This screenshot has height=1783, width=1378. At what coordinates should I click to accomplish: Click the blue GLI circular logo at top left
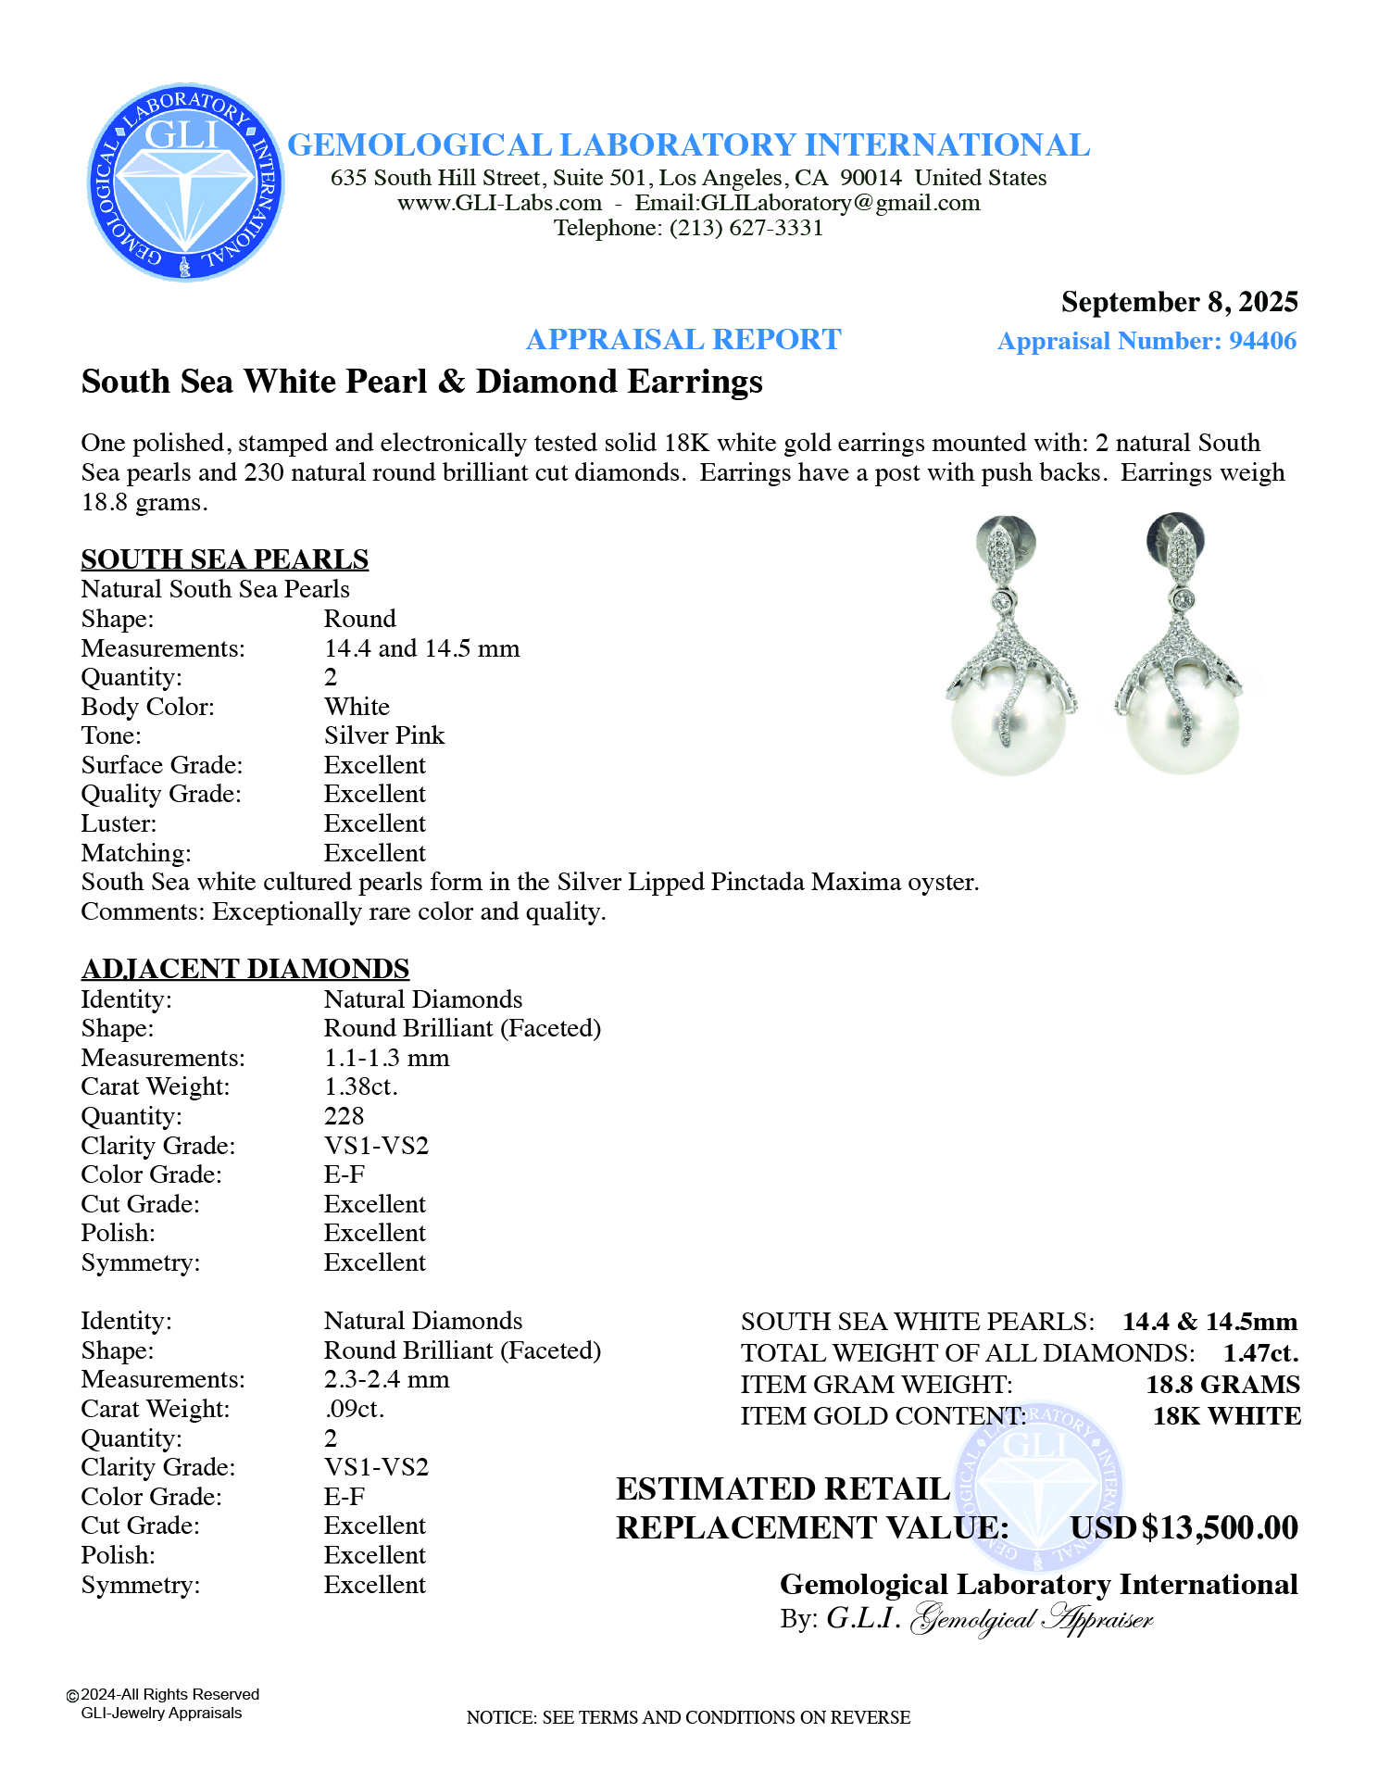186,182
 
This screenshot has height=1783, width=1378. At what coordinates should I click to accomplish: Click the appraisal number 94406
1262,341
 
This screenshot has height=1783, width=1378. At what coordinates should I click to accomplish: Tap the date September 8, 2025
1179,302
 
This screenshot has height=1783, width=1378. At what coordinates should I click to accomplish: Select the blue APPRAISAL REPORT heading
683,340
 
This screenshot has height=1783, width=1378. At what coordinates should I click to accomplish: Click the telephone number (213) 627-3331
746,228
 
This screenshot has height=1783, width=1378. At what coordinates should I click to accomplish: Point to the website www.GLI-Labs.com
499,203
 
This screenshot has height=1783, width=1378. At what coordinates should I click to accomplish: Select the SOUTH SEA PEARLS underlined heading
225,559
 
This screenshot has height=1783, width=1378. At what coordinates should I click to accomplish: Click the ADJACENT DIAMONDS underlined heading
245,969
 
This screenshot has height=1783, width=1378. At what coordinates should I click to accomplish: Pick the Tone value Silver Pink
384,735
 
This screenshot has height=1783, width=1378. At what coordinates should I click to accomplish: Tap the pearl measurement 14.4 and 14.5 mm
421,648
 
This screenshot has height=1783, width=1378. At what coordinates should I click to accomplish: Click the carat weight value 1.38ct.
360,1086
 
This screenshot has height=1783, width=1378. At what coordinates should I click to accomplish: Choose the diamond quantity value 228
344,1116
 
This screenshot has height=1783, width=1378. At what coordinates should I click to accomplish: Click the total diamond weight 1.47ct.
1260,1353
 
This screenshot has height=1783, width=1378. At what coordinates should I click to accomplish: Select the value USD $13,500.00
1184,1527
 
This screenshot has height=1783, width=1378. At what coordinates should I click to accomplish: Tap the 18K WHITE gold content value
1226,1416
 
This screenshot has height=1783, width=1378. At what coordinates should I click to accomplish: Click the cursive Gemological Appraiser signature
1032,1619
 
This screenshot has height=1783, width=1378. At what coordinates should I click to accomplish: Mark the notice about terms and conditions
688,1717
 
